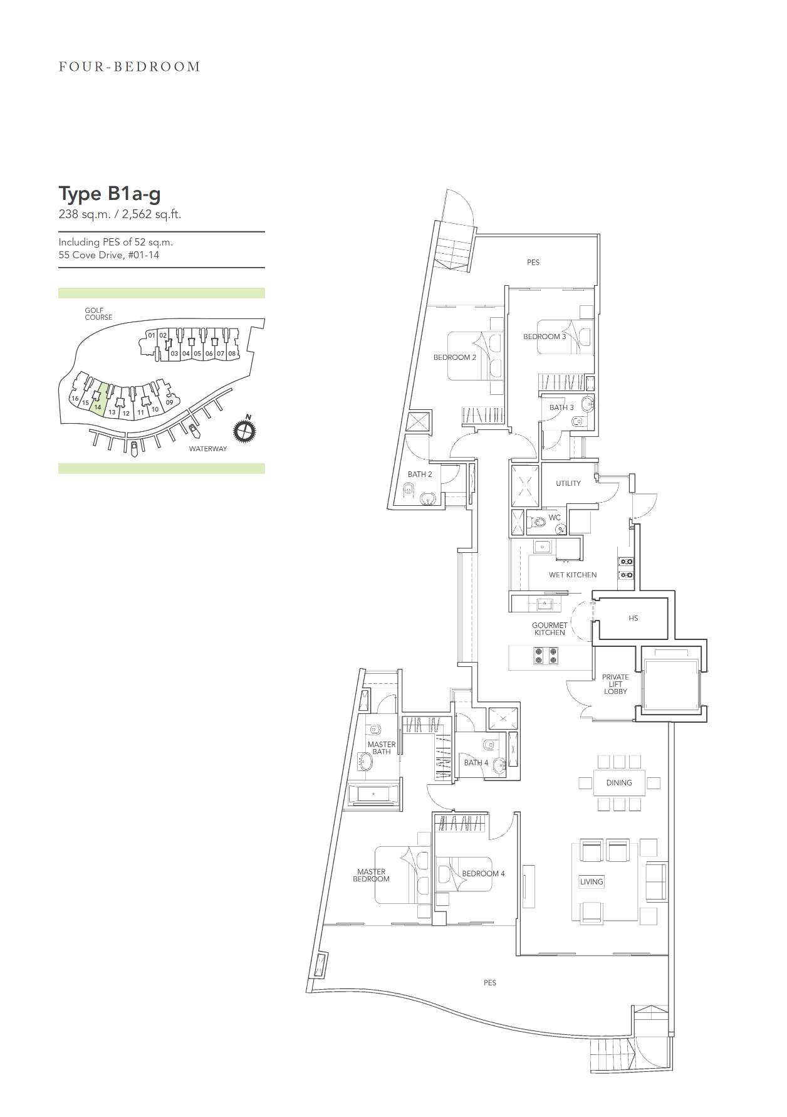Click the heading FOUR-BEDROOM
pyautogui.click(x=130, y=66)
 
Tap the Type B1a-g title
pyautogui.click(x=110, y=194)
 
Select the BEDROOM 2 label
pyautogui.click(x=455, y=357)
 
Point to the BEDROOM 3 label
pyautogui.click(x=545, y=337)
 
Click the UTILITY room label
pyautogui.click(x=568, y=483)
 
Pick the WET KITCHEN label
pyautogui.click(x=573, y=575)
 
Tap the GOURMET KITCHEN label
pyautogui.click(x=550, y=629)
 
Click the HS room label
pyautogui.click(x=633, y=618)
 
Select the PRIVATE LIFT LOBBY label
pyautogui.click(x=615, y=684)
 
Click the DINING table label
pyautogui.click(x=619, y=782)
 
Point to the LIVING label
pyautogui.click(x=592, y=881)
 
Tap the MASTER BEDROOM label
pyautogui.click(x=372, y=875)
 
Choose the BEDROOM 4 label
pyautogui.click(x=483, y=873)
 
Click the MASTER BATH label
pyautogui.click(x=382, y=748)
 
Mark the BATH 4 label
pyautogui.click(x=476, y=763)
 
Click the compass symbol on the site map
pyautogui.click(x=246, y=429)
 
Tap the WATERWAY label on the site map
pyautogui.click(x=208, y=449)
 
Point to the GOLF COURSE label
pyautogui.click(x=98, y=313)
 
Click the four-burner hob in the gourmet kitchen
pyautogui.click(x=546, y=656)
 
